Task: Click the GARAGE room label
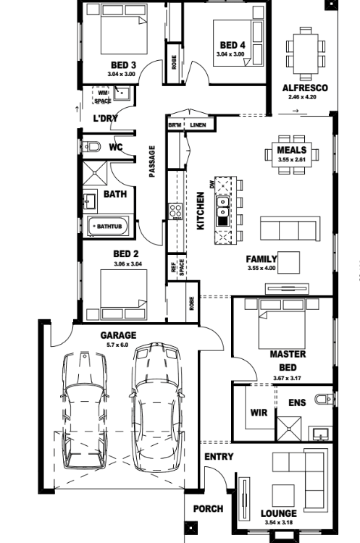point(118,335)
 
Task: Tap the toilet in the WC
point(92,147)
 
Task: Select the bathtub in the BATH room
point(109,226)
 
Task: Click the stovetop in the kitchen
point(175,211)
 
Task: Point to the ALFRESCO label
point(305,88)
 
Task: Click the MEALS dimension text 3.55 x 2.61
point(292,160)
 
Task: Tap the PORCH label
point(208,509)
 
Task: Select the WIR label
point(259,413)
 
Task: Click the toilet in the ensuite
point(325,399)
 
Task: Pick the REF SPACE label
point(177,267)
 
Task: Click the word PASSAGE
point(152,161)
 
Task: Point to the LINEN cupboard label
point(198,125)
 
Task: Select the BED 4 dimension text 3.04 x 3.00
point(230,54)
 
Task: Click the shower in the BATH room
point(95,173)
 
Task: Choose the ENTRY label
point(219,456)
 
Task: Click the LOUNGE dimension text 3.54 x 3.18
point(279,523)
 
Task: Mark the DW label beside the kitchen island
point(212,185)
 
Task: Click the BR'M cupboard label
point(175,125)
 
